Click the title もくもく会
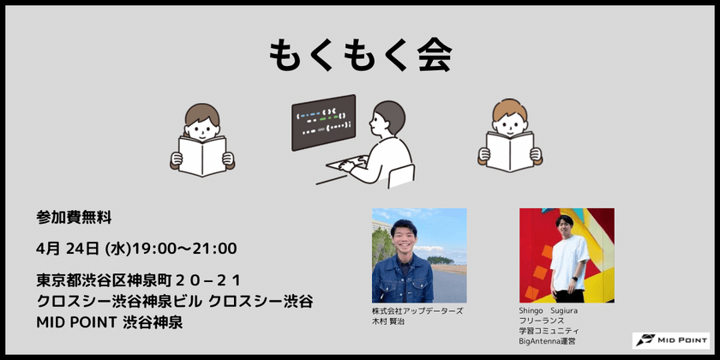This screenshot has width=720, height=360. (360, 56)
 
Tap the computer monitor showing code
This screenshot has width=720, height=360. (324, 123)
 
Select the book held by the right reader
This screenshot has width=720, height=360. (510, 149)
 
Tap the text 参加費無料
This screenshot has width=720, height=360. (75, 218)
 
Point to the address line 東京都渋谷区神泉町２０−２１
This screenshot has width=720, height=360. (139, 280)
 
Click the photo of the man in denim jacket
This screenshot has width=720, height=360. (419, 255)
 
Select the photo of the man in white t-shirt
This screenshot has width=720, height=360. (566, 255)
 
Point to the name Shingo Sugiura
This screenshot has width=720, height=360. (548, 310)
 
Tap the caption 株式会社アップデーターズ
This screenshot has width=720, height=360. (417, 310)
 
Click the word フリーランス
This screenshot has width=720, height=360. (543, 321)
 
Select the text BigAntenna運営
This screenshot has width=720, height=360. (548, 341)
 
